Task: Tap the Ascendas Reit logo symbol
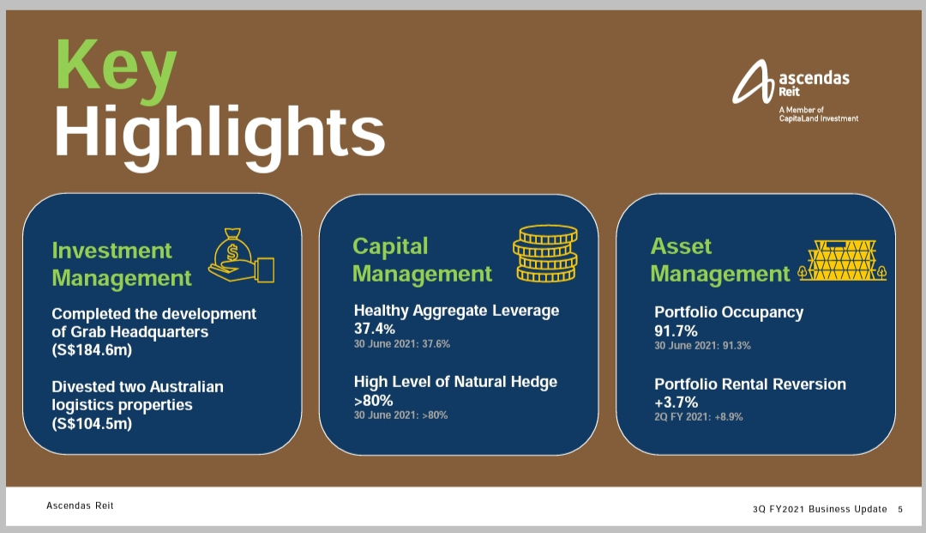click(x=753, y=82)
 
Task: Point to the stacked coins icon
click(x=545, y=253)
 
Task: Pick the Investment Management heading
click(x=122, y=264)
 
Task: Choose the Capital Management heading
click(x=422, y=260)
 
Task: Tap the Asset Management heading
click(x=719, y=260)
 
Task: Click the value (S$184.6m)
click(x=92, y=350)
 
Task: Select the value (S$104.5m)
click(x=92, y=424)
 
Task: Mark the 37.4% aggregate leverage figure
click(x=375, y=329)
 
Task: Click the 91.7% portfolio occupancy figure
click(x=676, y=331)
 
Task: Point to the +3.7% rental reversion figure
click(x=676, y=403)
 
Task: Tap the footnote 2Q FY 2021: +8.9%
click(x=699, y=416)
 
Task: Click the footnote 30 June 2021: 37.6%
click(x=401, y=344)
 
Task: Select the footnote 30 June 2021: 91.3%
click(x=702, y=346)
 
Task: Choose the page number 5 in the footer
click(x=900, y=509)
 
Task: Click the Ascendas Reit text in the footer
click(x=80, y=506)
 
